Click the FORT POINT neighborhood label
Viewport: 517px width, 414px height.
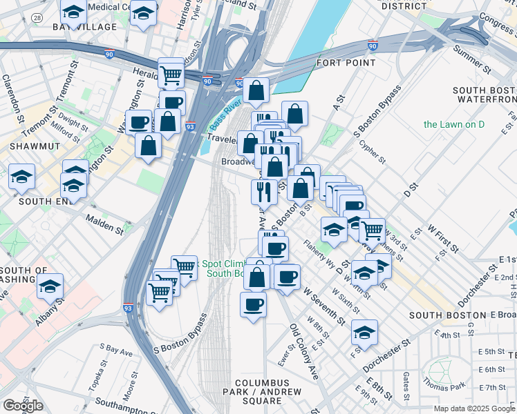click(340, 63)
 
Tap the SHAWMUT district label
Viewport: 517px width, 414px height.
click(24, 147)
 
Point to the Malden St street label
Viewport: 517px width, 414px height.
click(104, 222)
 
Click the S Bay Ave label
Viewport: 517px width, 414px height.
click(116, 351)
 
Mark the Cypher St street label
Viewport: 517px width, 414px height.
click(373, 152)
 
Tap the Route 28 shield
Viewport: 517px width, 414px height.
click(37, 16)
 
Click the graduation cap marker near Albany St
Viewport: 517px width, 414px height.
click(50, 286)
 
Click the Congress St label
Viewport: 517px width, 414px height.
click(496, 27)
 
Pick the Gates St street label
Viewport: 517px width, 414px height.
click(407, 380)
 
